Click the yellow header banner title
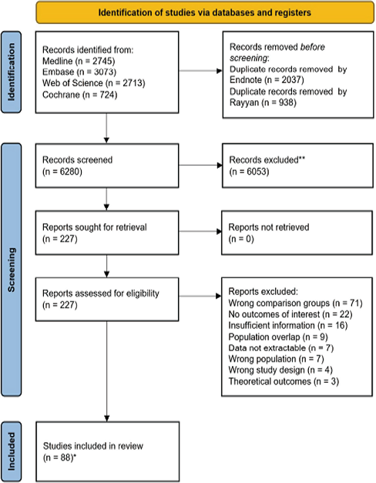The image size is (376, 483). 205,12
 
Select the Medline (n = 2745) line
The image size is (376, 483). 79,61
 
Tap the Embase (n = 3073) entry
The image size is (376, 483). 79,72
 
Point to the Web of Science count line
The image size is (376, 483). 94,83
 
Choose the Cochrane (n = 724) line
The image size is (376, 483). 80,95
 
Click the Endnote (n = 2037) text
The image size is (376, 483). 267,80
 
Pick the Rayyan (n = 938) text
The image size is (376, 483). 264,102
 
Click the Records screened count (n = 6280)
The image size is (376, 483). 62,172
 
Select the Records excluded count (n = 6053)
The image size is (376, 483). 249,172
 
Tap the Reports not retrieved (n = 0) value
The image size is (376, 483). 241,239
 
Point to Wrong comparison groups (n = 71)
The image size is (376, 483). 295,303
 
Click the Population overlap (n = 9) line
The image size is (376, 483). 278,337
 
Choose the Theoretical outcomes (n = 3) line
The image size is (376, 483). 284,381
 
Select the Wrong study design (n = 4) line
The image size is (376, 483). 280,370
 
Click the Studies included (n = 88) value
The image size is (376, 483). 59,458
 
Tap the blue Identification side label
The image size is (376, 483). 12,72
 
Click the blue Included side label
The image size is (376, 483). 12,451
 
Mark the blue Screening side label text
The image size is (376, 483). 12,270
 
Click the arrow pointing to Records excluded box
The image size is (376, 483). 200,166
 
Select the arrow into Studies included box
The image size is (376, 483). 106,371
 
